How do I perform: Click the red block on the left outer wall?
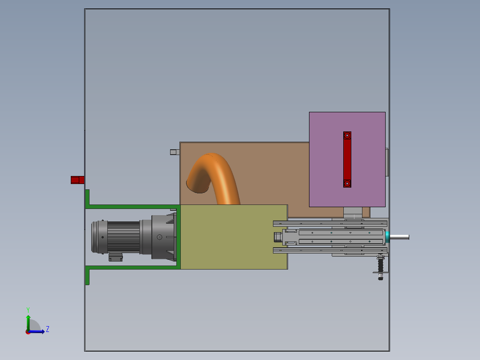[x=77, y=180]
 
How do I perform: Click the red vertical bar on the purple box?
[x=347, y=160]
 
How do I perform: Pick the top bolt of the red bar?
[x=347, y=135]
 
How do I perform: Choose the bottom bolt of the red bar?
[x=347, y=183]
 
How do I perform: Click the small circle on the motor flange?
[x=159, y=237]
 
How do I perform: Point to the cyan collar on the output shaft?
[x=387, y=237]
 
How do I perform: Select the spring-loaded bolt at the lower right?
[x=380, y=267]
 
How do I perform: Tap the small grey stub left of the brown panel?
[x=174, y=152]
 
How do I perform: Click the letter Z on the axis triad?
[x=47, y=329]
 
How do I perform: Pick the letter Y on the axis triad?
[x=28, y=310]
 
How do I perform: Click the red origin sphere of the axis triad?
[x=28, y=332]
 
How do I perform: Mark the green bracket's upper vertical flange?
[x=87, y=197]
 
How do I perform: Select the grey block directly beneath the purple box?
[x=354, y=213]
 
